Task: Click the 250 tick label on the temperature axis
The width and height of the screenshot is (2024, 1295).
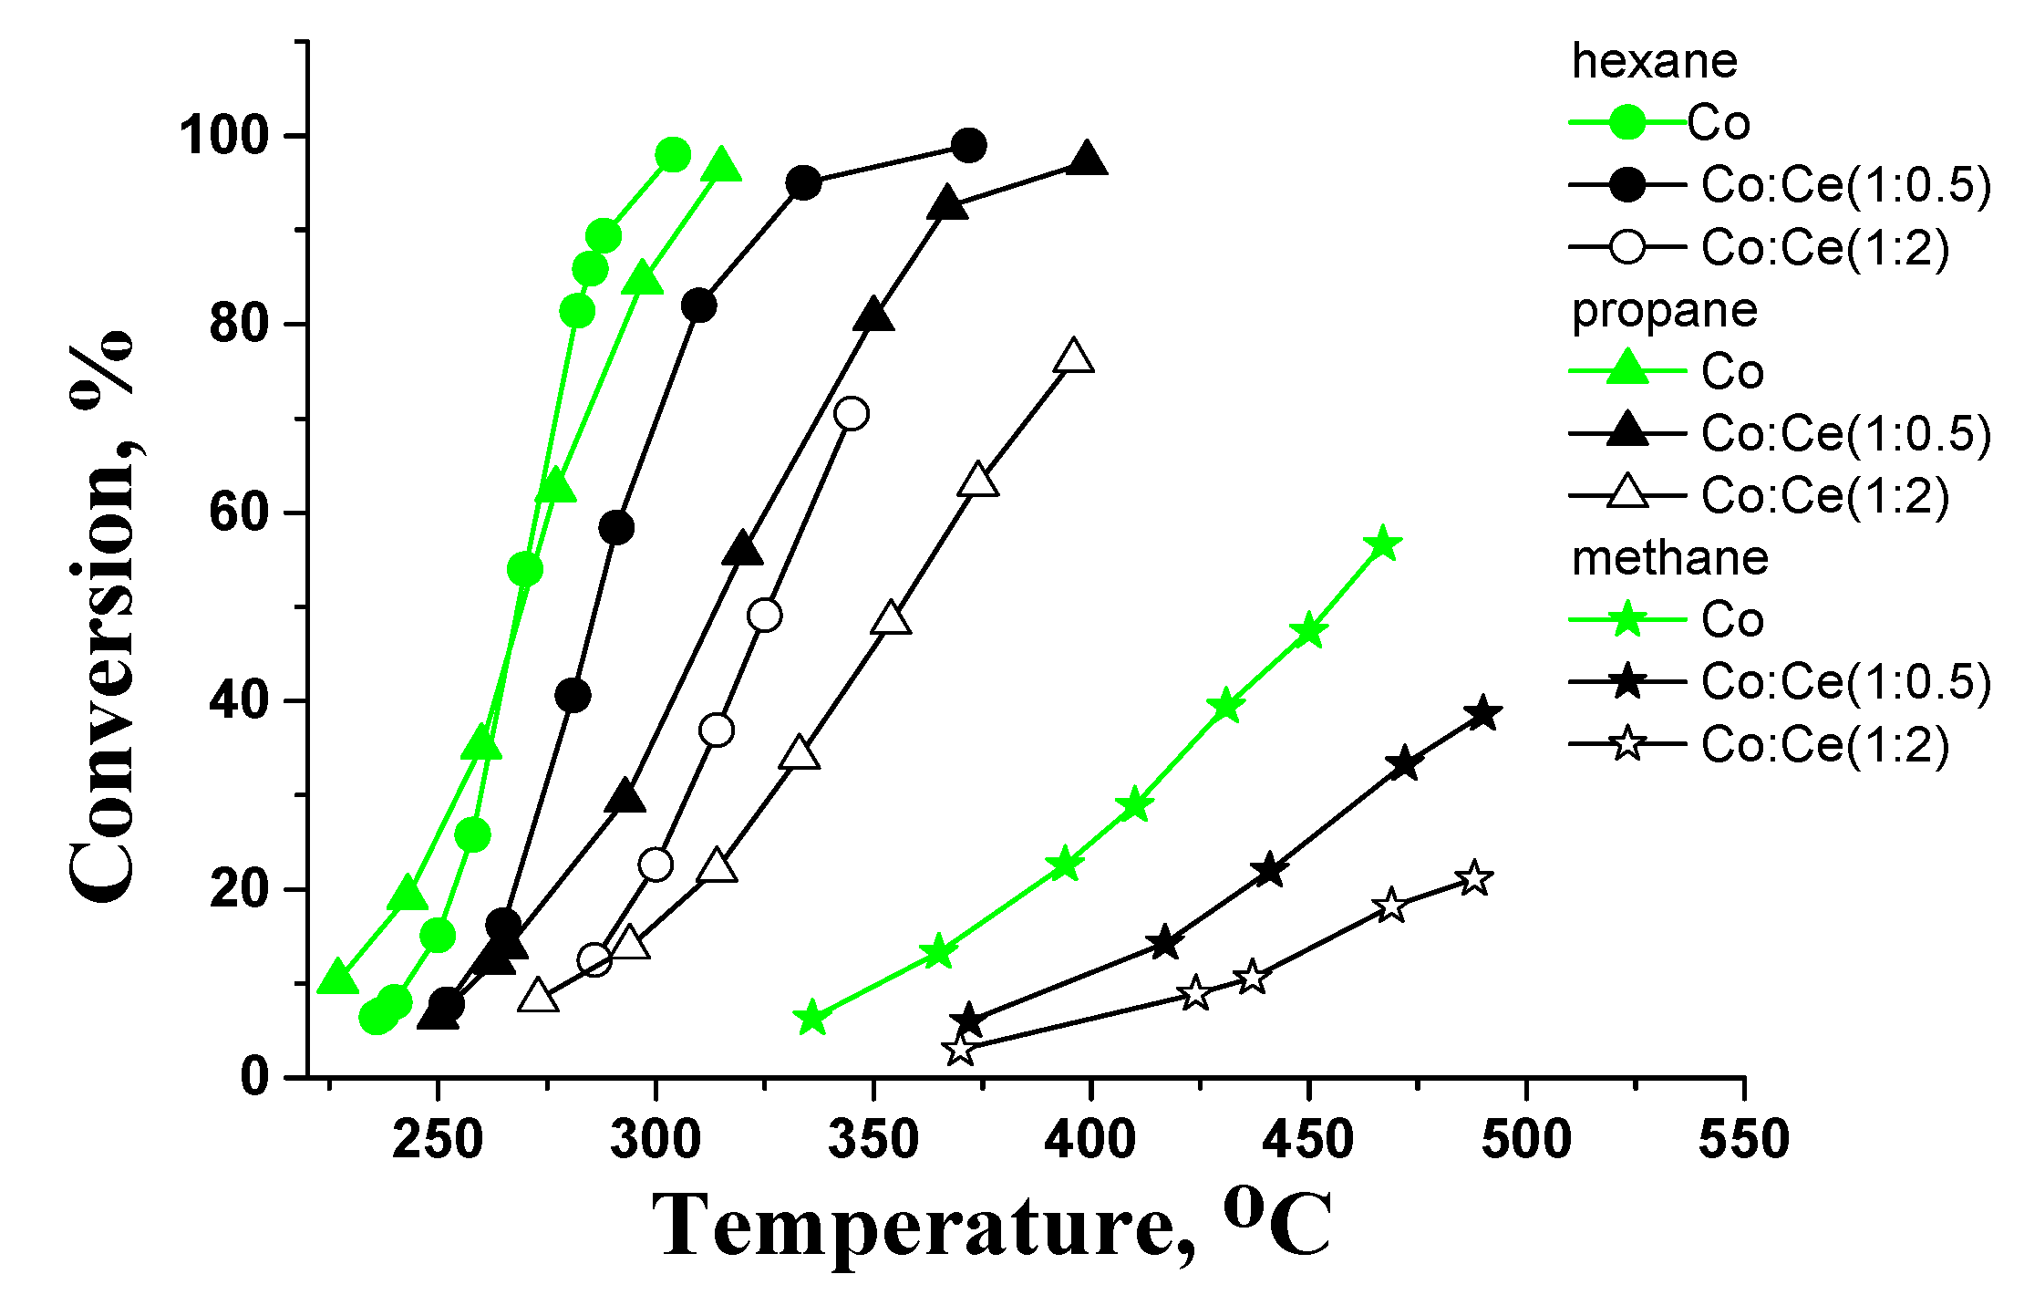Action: (x=438, y=1140)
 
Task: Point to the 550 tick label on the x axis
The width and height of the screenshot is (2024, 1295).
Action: (x=1743, y=1140)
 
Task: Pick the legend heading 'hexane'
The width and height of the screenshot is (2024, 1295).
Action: (x=1654, y=61)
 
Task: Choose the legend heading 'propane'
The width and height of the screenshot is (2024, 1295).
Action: (x=1664, y=310)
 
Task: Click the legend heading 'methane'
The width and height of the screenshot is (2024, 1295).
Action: (x=1669, y=557)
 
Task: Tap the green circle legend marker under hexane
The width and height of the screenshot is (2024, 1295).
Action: (x=1626, y=122)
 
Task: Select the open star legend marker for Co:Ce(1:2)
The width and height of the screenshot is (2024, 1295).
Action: (x=1626, y=744)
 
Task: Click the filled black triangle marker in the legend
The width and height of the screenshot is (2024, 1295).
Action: (x=1626, y=430)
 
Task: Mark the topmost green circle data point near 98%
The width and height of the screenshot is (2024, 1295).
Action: (x=673, y=155)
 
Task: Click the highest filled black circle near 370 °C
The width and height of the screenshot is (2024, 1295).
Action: (x=968, y=145)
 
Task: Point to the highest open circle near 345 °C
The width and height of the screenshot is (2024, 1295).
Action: (x=852, y=413)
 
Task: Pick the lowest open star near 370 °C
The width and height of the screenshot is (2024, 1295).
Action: (x=959, y=1050)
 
